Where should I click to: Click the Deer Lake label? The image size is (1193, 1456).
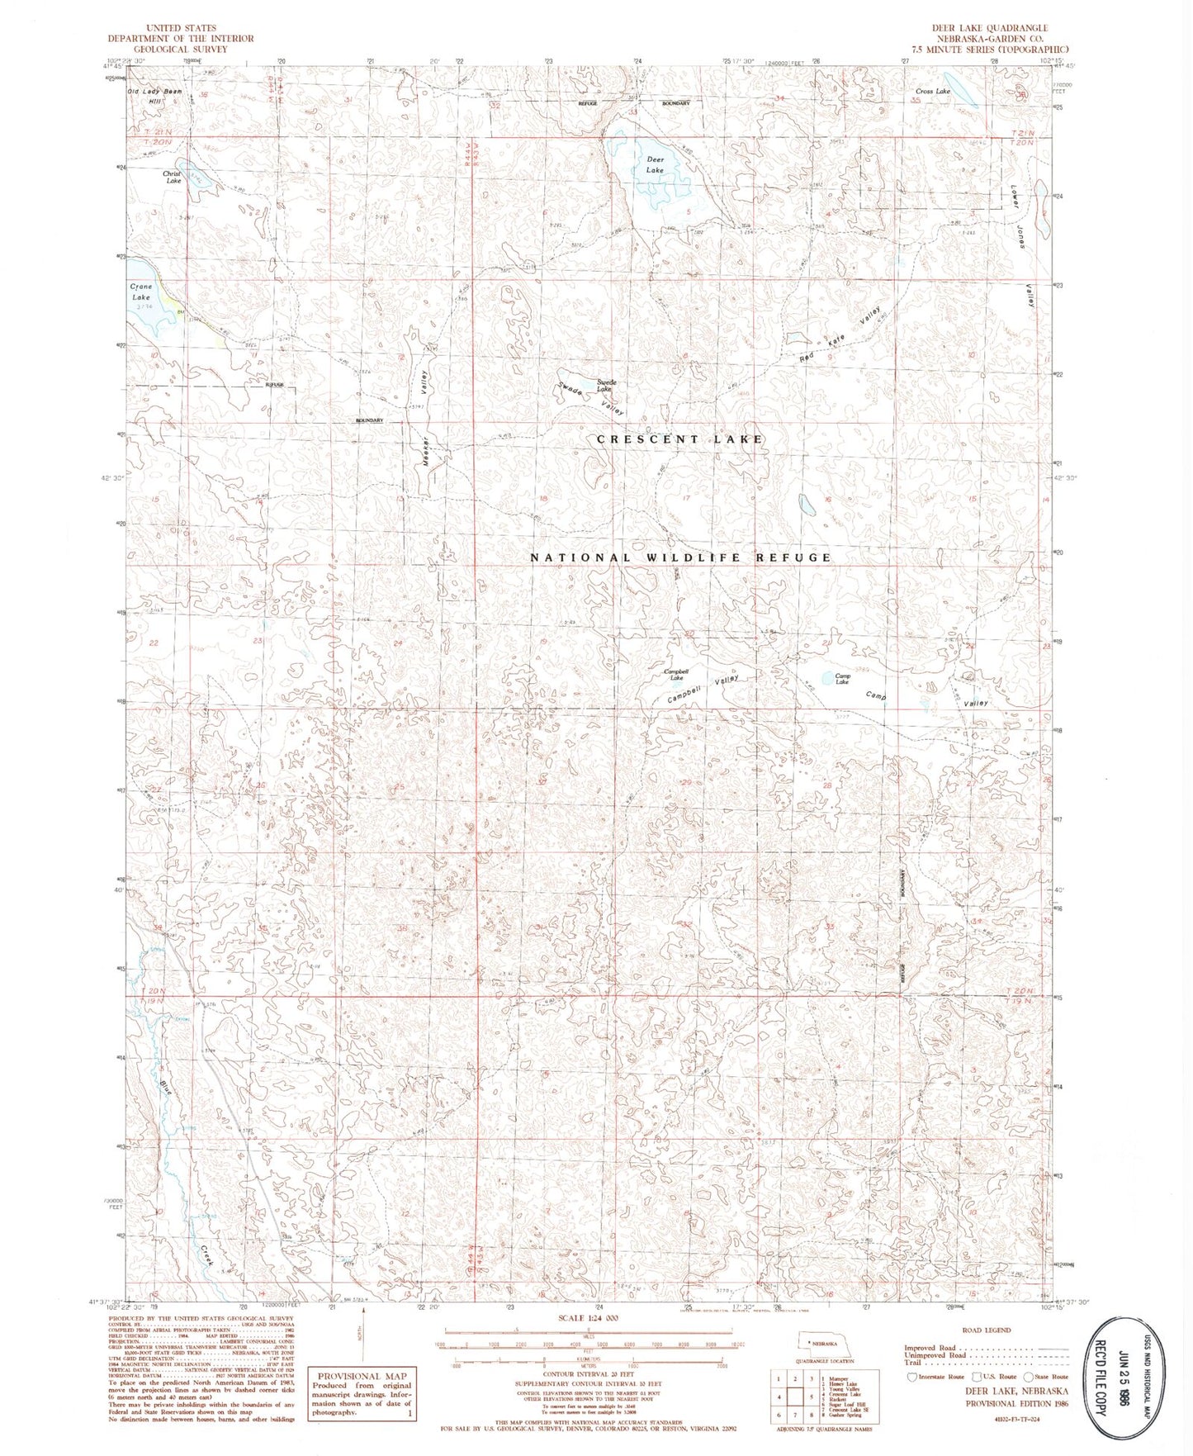(x=655, y=164)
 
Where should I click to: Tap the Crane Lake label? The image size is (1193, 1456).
(x=141, y=292)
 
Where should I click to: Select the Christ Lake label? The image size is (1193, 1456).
(x=172, y=177)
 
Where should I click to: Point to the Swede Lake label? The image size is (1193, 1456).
(x=607, y=385)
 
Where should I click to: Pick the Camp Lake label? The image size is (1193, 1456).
(x=841, y=678)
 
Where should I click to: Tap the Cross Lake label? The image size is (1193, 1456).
(x=932, y=92)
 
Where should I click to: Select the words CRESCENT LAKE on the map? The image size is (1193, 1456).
(x=679, y=439)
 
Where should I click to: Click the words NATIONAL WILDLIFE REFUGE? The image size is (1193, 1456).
(x=680, y=557)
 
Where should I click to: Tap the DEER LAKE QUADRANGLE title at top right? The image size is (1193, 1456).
(x=990, y=28)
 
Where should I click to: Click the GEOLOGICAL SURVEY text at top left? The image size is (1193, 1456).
(x=181, y=49)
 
